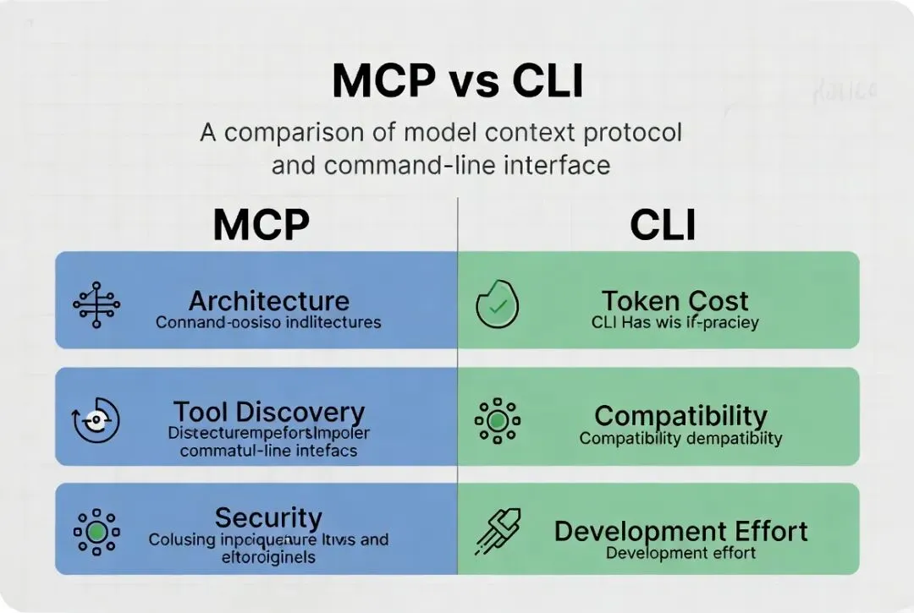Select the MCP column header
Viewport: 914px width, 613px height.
pos(261,225)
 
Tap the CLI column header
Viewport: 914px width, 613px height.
pos(663,225)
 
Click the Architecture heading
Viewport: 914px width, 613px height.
pos(269,301)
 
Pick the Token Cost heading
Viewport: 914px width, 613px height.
pos(674,301)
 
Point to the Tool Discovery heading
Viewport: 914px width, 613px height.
pos(269,413)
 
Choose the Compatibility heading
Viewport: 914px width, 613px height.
pos(680,416)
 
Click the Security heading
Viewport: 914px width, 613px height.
pos(268,517)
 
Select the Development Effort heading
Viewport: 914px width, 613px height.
pos(680,531)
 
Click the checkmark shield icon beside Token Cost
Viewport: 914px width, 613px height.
pos(497,304)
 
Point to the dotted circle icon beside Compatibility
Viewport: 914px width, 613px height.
pos(498,419)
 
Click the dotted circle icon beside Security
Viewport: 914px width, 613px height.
pos(97,532)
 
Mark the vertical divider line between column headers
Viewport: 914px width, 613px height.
pos(457,225)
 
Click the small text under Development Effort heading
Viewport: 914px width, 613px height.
pos(680,554)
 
